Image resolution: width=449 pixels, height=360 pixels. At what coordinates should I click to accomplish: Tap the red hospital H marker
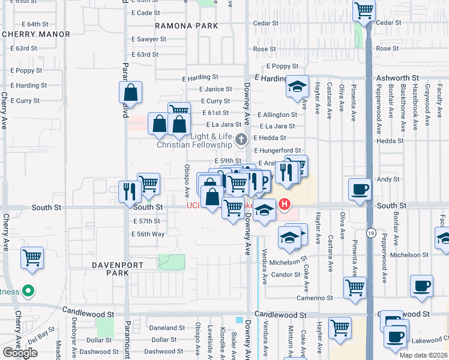coord(285,205)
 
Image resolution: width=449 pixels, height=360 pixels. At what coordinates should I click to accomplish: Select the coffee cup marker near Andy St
coord(360,188)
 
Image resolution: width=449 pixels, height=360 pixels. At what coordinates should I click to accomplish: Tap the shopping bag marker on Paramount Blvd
coord(130,93)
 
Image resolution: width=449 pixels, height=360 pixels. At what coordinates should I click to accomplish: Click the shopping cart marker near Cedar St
coord(364,10)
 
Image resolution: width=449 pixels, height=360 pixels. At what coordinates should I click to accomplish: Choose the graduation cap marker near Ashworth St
coord(297,86)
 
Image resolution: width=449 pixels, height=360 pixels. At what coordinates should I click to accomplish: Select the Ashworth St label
coord(397,78)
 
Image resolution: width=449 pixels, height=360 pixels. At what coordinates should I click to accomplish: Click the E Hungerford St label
coord(277,150)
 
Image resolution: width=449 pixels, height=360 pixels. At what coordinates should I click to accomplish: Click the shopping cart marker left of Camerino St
coord(355,287)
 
